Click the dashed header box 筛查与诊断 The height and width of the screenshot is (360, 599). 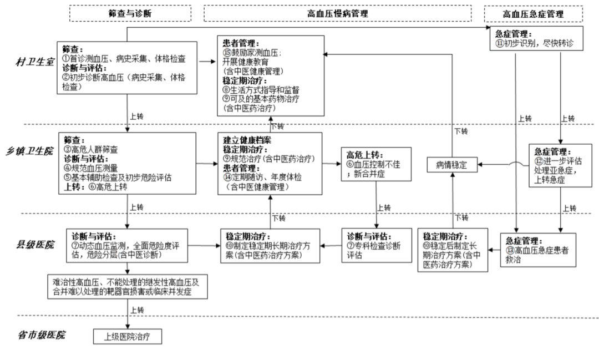click(130, 13)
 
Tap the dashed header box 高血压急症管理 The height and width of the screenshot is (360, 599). click(533, 14)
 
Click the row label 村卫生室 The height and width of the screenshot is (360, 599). click(34, 63)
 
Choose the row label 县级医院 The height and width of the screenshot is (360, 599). click(34, 244)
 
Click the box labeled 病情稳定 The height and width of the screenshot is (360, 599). click(453, 165)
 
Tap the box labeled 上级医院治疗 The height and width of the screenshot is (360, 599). click(128, 336)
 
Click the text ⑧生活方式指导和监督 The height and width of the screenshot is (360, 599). click(261, 89)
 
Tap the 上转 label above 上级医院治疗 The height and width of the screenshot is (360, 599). click(137, 310)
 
